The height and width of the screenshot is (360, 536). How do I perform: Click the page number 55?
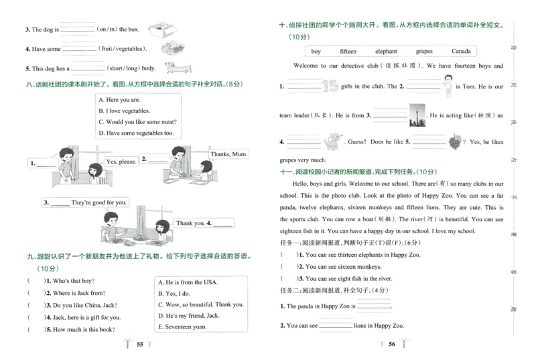point(140,344)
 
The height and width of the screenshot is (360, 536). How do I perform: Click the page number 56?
point(393,344)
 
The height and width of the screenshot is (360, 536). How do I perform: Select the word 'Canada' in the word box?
point(460,52)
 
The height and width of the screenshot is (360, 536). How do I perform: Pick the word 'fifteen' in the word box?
point(348,52)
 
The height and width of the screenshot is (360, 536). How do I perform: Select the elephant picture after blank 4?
point(332,141)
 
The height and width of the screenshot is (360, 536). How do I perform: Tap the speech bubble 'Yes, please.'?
point(121,162)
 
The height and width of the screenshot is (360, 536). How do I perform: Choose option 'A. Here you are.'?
point(119,100)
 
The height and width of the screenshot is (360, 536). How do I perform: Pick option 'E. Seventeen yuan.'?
point(182,326)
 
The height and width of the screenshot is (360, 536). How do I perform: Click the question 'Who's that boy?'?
point(66,281)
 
